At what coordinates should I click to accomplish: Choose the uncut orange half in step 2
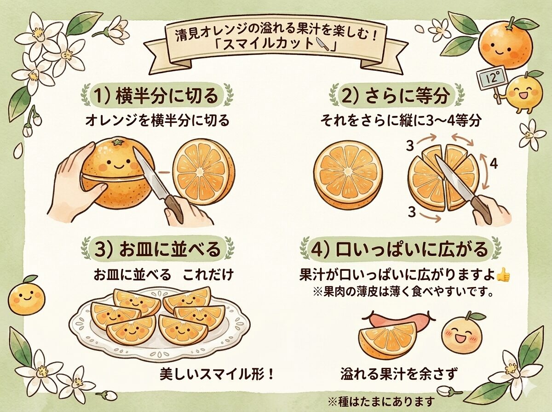click(x=348, y=175)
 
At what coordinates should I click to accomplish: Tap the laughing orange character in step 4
click(x=460, y=333)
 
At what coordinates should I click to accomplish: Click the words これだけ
click(x=208, y=276)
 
